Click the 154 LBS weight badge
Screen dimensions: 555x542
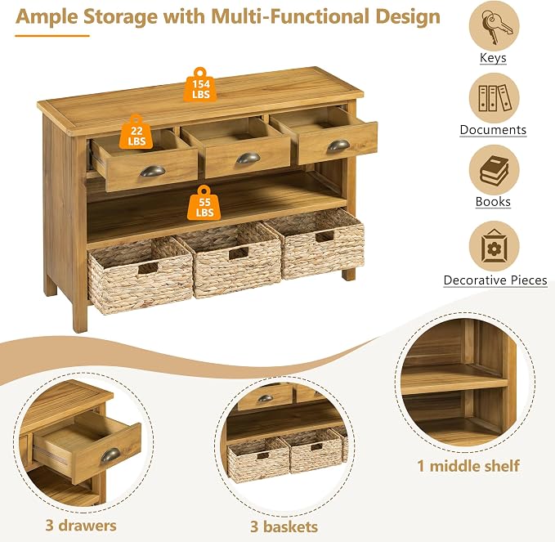[200, 85]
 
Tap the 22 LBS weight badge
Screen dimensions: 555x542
[137, 132]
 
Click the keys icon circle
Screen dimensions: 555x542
[495, 26]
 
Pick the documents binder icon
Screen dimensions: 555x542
[495, 98]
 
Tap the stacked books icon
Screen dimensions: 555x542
[495, 170]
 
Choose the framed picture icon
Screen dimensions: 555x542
[495, 246]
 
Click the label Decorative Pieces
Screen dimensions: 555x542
[495, 280]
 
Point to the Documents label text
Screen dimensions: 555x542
[493, 130]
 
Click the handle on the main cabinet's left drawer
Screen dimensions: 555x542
[153, 171]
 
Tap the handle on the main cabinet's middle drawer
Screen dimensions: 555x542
[248, 158]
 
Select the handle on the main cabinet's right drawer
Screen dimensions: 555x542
[338, 146]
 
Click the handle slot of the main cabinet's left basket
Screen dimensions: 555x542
[148, 268]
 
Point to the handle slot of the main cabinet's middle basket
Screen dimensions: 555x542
[238, 253]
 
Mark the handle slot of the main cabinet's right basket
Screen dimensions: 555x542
[324, 237]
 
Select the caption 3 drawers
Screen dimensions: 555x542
[81, 526]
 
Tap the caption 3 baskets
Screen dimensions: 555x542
[284, 526]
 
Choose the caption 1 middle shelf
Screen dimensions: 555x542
[468, 466]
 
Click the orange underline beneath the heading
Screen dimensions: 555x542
[52, 36]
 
